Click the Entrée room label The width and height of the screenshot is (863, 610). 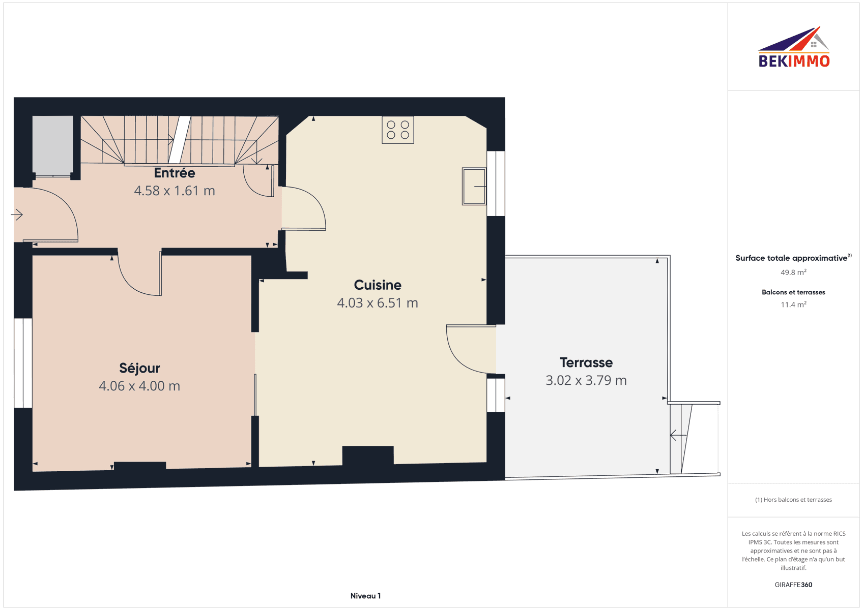pos(175,173)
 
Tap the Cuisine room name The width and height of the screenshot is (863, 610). pos(378,285)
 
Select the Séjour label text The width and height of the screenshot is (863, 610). pos(139,369)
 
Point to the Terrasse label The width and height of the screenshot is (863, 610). pos(586,362)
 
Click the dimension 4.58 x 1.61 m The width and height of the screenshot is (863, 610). pos(175,191)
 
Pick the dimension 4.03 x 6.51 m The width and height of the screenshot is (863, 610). pos(378,303)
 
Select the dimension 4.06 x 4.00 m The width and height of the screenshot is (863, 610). pos(139,386)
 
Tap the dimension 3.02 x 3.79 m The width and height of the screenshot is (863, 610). pos(586,381)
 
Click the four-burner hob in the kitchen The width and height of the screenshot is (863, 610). pos(397,130)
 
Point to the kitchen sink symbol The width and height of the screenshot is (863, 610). pos(474,186)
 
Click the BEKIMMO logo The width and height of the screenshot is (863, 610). pos(794,47)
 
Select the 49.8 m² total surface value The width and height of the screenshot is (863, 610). pos(793,272)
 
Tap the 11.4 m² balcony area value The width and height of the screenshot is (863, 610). pos(793,305)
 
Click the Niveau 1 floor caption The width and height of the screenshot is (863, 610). pos(365,596)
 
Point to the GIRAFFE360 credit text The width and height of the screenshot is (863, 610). pos(793,585)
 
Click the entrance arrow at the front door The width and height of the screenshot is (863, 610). pos(17,215)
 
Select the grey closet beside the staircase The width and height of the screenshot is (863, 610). pos(52,145)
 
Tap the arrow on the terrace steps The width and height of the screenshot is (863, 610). pos(678,435)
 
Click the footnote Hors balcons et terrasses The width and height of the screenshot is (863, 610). pos(793,500)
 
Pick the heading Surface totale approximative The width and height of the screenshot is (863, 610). pos(791,258)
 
